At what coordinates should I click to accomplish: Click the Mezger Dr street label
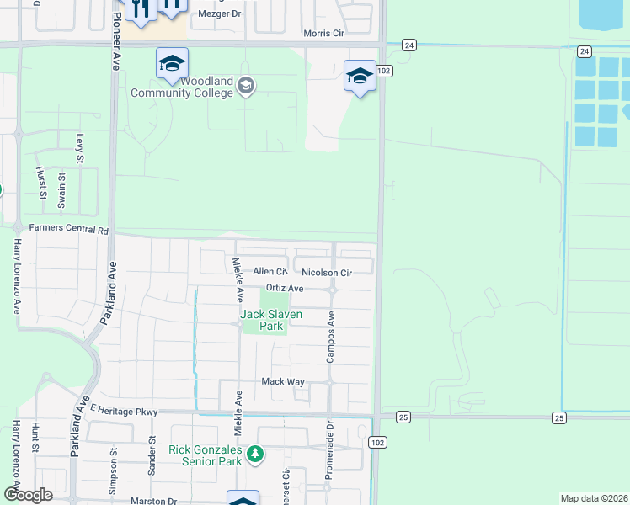219,14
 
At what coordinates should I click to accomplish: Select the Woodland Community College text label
182,87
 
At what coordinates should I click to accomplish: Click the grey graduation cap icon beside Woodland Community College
245,86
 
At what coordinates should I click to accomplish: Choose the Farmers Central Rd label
69,229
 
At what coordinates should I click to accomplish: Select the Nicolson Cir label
326,273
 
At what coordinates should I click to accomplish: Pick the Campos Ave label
332,337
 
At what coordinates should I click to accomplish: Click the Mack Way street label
283,381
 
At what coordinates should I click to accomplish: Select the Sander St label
152,455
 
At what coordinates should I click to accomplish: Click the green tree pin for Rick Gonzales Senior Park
255,454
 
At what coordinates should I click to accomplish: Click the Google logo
28,495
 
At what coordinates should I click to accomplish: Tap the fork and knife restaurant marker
140,8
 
